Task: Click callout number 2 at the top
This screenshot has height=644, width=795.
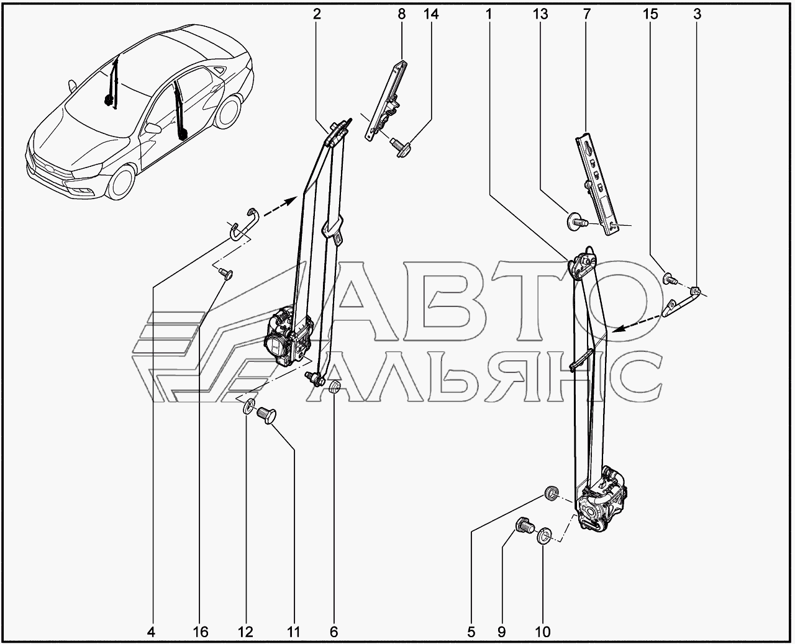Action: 317,14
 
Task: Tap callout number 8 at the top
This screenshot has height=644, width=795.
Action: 401,14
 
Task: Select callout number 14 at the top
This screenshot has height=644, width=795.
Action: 430,14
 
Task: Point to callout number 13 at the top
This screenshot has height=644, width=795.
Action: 540,14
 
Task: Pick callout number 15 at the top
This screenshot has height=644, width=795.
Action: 650,14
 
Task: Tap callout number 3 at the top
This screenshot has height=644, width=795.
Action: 697,14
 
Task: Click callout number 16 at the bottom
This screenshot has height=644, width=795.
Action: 200,632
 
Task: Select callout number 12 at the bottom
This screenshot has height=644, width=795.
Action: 245,632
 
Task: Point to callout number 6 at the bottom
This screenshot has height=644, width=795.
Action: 334,632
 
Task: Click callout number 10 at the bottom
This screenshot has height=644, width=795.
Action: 542,632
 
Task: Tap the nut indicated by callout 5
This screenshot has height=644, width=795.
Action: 550,493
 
